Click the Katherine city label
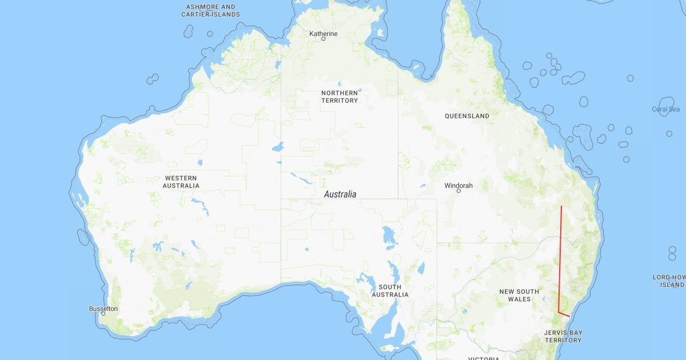324,34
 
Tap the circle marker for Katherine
324,39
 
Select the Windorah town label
458,186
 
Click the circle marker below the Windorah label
458,191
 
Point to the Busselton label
103,309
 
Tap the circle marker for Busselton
103,314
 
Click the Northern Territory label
340,97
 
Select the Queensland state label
467,116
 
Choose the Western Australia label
181,182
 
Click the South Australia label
390,291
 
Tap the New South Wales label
519,295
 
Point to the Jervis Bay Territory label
563,336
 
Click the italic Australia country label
340,194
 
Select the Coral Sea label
666,109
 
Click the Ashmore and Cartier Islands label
211,10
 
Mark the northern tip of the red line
561,206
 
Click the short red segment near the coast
565,314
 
